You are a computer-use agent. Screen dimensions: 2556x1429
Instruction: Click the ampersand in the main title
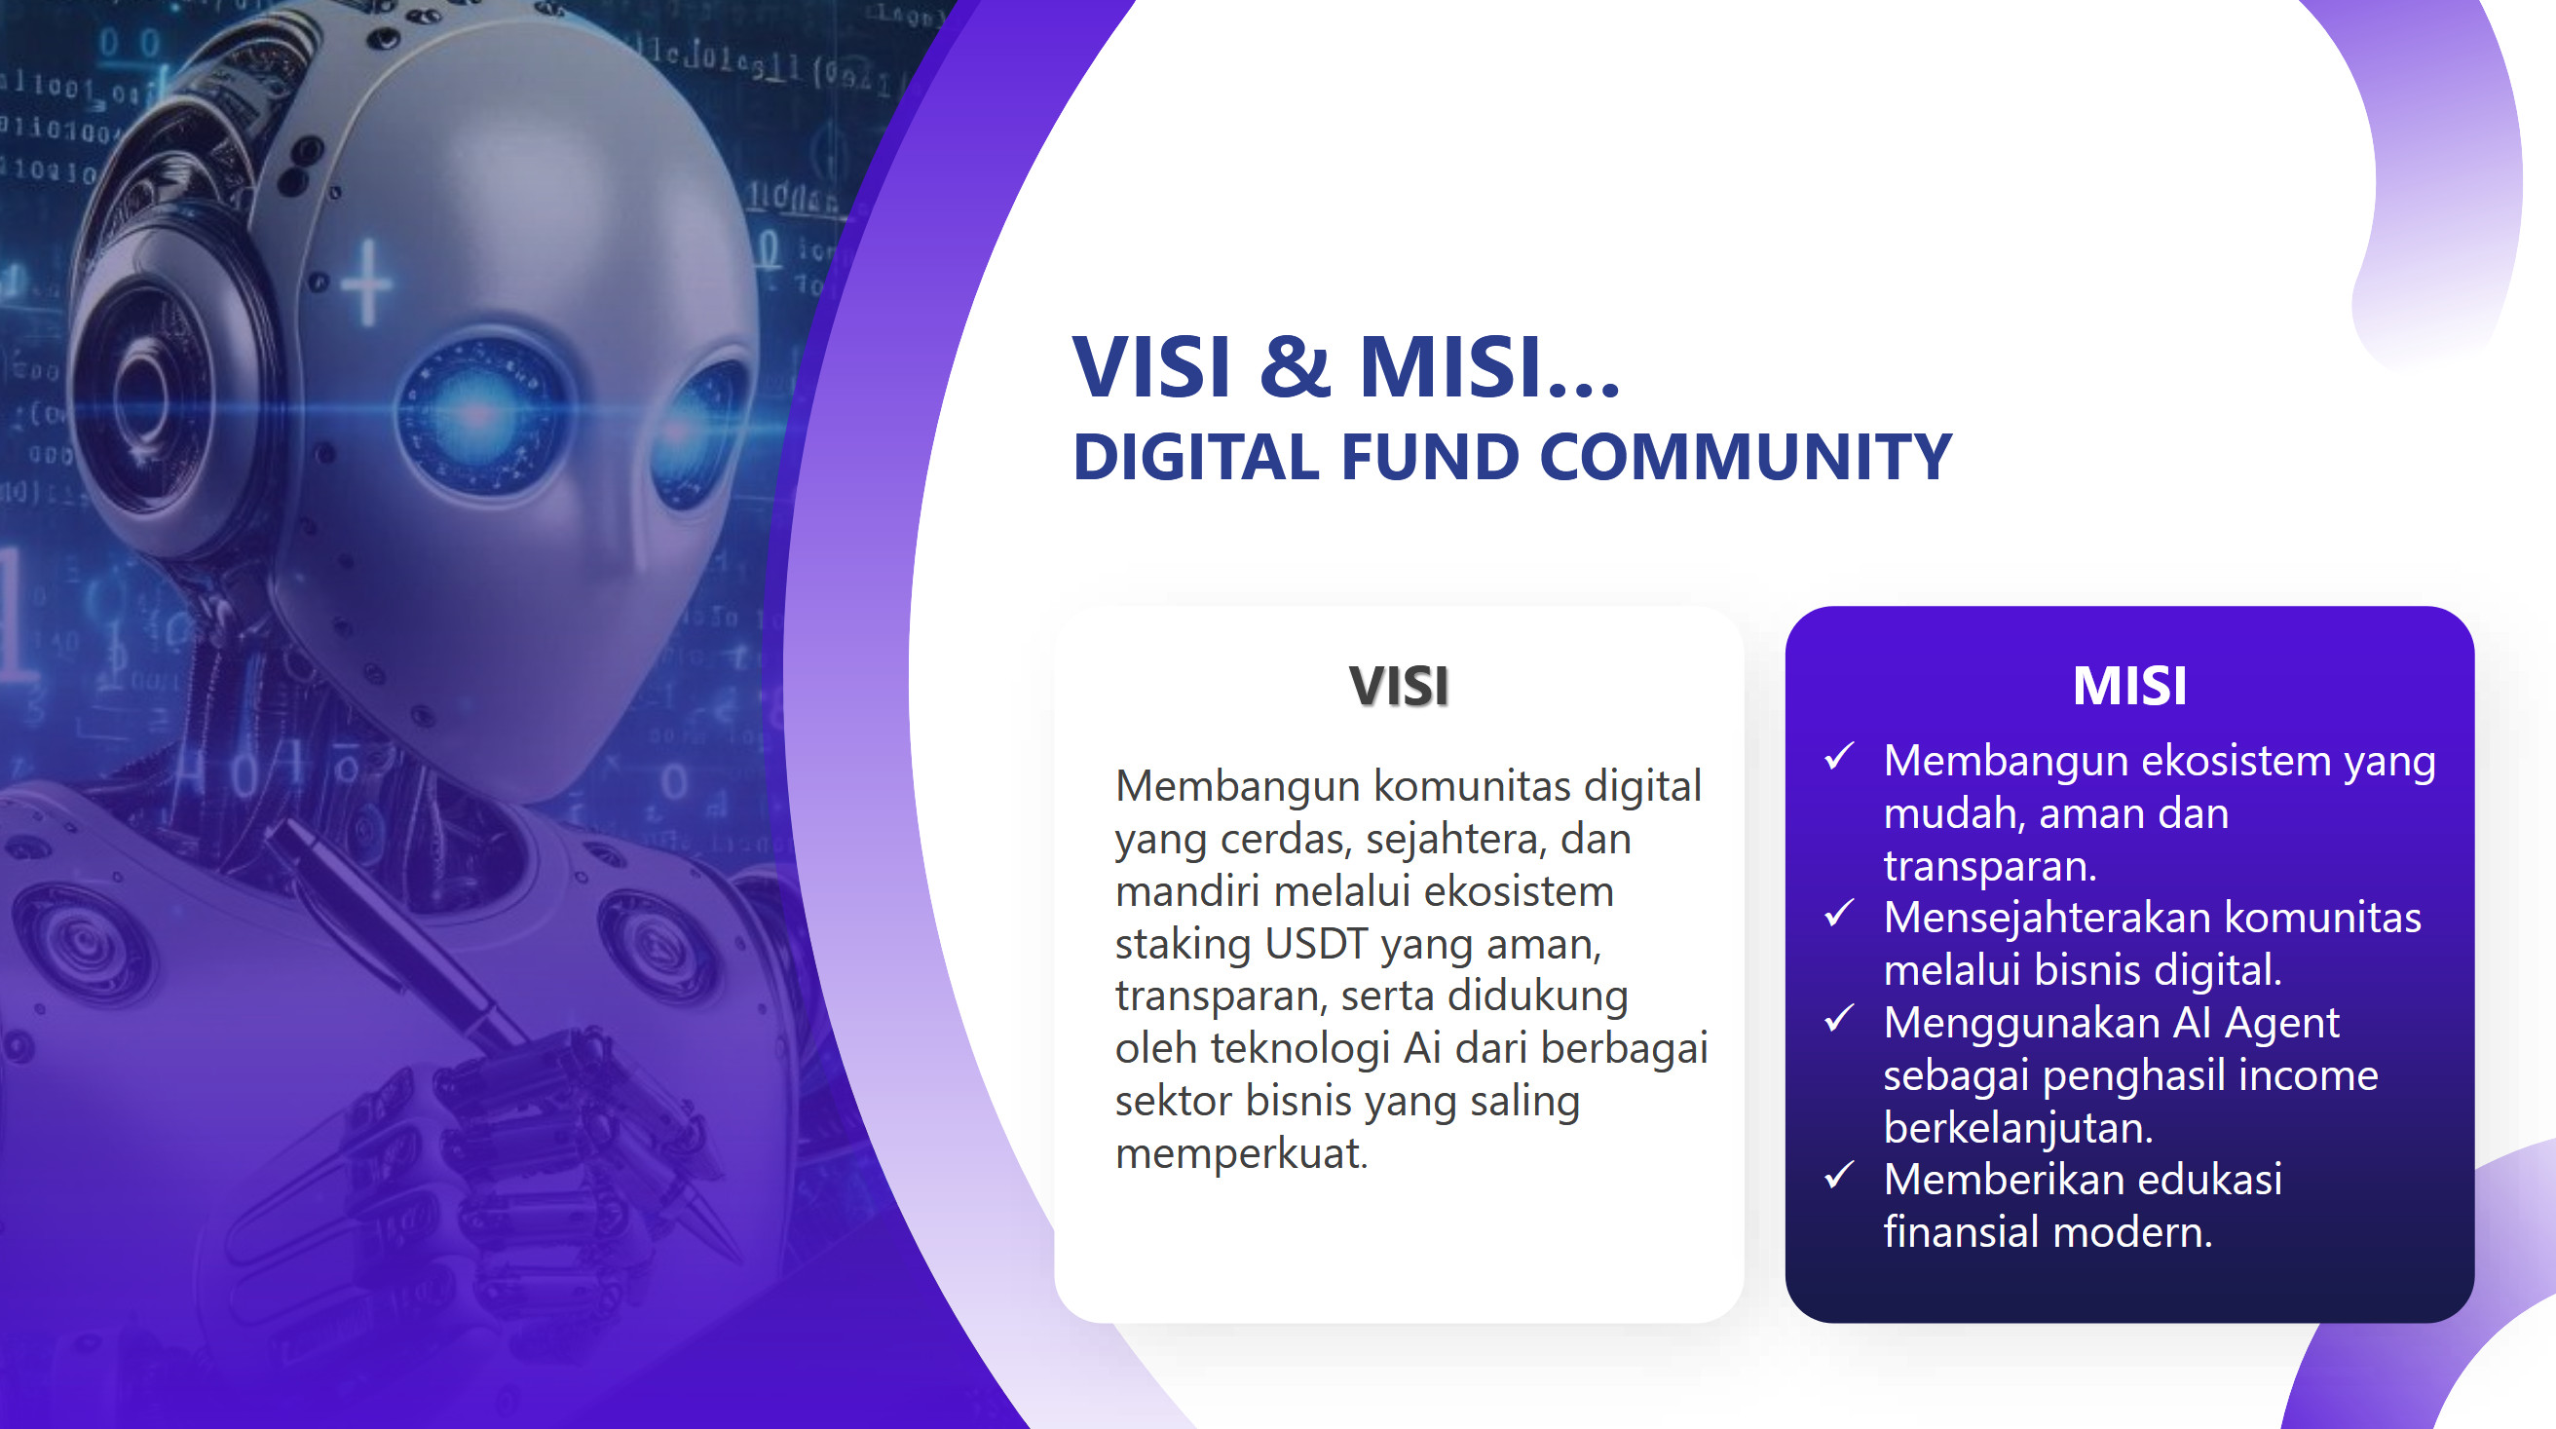(x=1295, y=366)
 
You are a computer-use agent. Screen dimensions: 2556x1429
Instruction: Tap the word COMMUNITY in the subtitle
(x=1746, y=458)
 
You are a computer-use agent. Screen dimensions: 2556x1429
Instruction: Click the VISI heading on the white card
(x=1399, y=686)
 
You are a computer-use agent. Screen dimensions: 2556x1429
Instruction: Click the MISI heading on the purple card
(x=2129, y=686)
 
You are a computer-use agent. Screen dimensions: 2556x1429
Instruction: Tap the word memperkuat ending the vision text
(x=1241, y=1154)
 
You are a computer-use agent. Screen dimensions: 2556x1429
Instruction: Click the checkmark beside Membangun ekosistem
(x=1839, y=757)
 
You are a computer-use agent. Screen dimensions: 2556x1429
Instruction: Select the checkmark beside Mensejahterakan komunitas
(x=1839, y=914)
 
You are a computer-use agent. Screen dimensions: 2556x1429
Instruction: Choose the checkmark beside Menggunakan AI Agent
(x=1839, y=1018)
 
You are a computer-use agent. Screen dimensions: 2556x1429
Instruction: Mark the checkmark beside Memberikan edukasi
(x=1839, y=1176)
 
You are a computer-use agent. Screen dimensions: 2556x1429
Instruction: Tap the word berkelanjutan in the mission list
(x=2014, y=1128)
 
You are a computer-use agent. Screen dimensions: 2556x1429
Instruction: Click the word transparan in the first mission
(x=1989, y=867)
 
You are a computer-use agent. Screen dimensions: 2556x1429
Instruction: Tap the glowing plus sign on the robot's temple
(x=367, y=283)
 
